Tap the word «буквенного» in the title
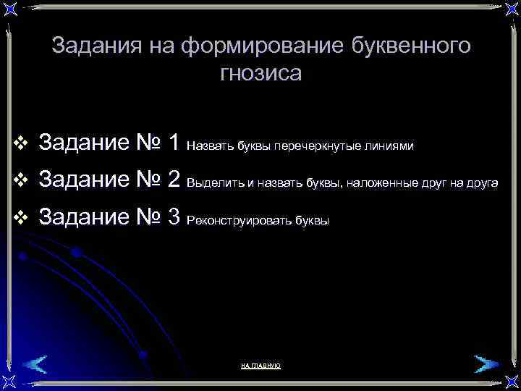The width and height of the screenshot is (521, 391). pos(410,47)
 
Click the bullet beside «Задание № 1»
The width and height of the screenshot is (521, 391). pos(20,143)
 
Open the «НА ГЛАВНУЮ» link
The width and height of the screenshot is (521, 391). pos(260,366)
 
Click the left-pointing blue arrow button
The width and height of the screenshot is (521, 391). pos(33,363)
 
